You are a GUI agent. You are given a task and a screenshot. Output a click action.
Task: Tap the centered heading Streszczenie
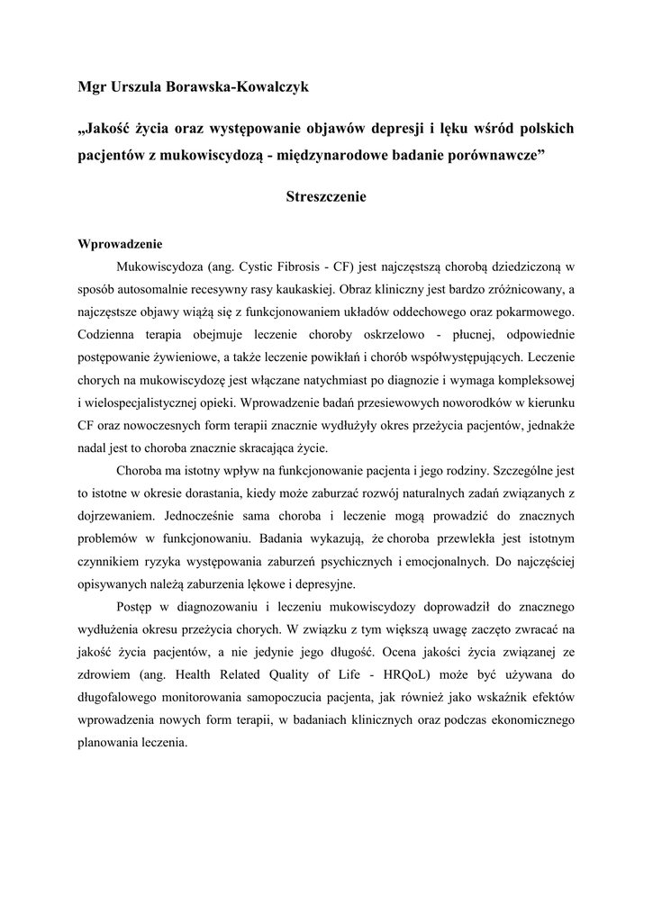click(x=326, y=196)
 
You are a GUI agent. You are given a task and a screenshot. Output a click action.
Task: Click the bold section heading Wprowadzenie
click(x=120, y=244)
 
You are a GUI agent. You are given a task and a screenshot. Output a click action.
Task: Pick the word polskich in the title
click(x=542, y=128)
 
